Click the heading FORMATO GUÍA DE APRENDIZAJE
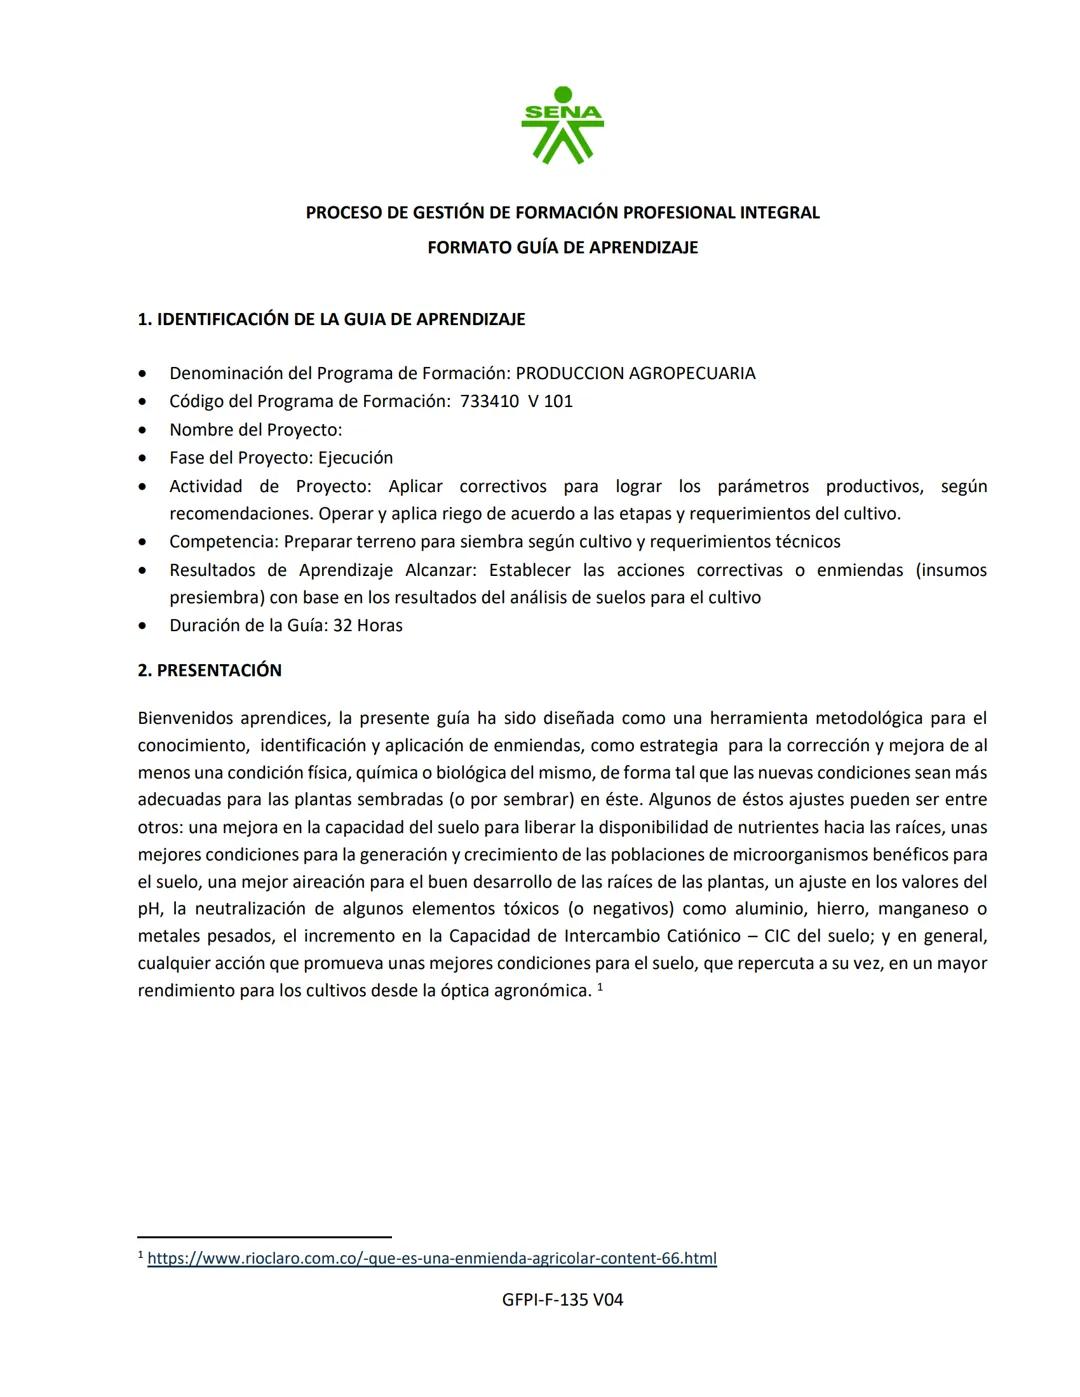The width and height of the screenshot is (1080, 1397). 562,247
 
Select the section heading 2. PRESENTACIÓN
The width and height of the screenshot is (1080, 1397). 210,670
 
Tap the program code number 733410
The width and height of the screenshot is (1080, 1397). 489,401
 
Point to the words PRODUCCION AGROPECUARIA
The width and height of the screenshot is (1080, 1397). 635,373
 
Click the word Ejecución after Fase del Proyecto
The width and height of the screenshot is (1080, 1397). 355,457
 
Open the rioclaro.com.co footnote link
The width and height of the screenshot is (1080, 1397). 431,1258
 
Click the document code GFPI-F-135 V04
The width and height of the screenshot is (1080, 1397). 563,1299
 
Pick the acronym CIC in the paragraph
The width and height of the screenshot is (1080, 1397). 777,936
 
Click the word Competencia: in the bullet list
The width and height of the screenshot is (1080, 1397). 224,541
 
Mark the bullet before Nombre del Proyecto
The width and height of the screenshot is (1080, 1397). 146,430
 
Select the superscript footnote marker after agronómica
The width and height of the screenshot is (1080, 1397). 600,987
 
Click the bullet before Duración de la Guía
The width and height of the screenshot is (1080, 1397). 146,626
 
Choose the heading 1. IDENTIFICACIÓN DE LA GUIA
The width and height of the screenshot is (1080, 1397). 331,319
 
